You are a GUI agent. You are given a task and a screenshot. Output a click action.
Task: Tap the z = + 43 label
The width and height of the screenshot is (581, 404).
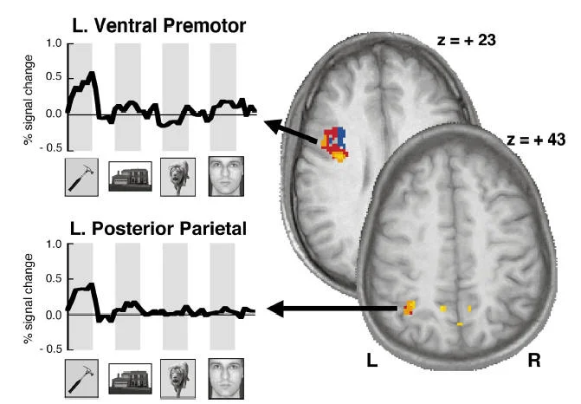point(520,137)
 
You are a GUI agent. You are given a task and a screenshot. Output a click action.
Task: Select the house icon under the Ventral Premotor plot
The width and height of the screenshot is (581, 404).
point(131,176)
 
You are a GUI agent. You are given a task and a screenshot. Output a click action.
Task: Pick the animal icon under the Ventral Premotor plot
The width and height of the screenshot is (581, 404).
point(178,176)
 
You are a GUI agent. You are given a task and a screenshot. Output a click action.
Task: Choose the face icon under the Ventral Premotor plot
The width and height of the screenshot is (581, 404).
point(226,176)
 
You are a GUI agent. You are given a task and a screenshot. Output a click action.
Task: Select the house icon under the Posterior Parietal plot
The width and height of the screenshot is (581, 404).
point(131,379)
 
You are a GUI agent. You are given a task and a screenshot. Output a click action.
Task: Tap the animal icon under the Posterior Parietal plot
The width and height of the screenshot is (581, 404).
point(178,379)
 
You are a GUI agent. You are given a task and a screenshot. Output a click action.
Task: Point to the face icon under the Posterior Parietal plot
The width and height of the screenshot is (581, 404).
point(226,379)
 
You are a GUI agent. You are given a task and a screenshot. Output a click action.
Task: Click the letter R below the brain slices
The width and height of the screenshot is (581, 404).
point(534,358)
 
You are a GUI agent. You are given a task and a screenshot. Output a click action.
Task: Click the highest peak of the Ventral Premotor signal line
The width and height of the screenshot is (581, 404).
point(92,74)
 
